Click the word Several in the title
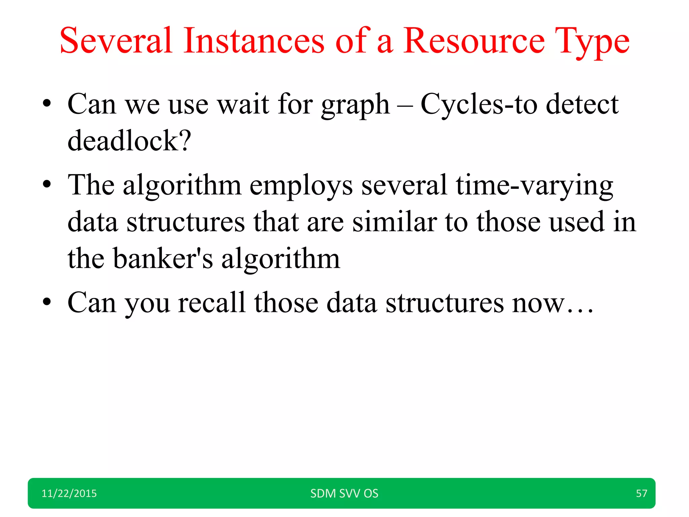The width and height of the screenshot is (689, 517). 116,41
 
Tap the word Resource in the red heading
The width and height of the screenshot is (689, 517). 474,41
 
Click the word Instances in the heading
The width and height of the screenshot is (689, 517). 254,41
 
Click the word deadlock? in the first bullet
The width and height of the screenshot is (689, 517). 129,141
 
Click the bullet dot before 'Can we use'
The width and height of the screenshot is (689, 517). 47,103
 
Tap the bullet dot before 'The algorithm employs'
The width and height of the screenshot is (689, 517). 47,184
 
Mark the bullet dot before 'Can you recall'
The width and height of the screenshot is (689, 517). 47,301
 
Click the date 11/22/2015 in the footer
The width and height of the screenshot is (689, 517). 69,493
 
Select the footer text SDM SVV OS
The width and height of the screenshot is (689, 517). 344,493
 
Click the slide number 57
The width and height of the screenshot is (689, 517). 641,493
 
